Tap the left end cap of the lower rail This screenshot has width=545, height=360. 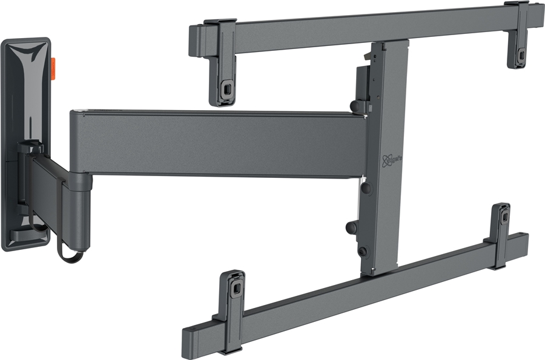tap(188, 336)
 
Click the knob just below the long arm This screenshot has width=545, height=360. tap(366, 188)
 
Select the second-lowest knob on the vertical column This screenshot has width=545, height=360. tap(351, 227)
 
